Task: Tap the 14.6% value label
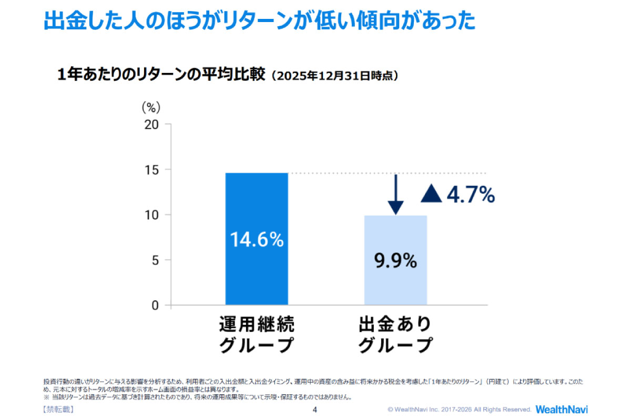click(257, 240)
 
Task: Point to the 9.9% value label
click(395, 260)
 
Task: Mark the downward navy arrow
click(396, 194)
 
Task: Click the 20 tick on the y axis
click(151, 124)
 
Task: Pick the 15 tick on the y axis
click(151, 170)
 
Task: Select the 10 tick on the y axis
click(151, 215)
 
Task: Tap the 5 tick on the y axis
click(154, 260)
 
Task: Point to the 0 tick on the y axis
click(154, 305)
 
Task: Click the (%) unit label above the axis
click(151, 107)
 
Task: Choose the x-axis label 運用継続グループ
click(257, 335)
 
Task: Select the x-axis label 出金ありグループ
click(395, 335)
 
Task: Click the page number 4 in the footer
click(314, 409)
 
